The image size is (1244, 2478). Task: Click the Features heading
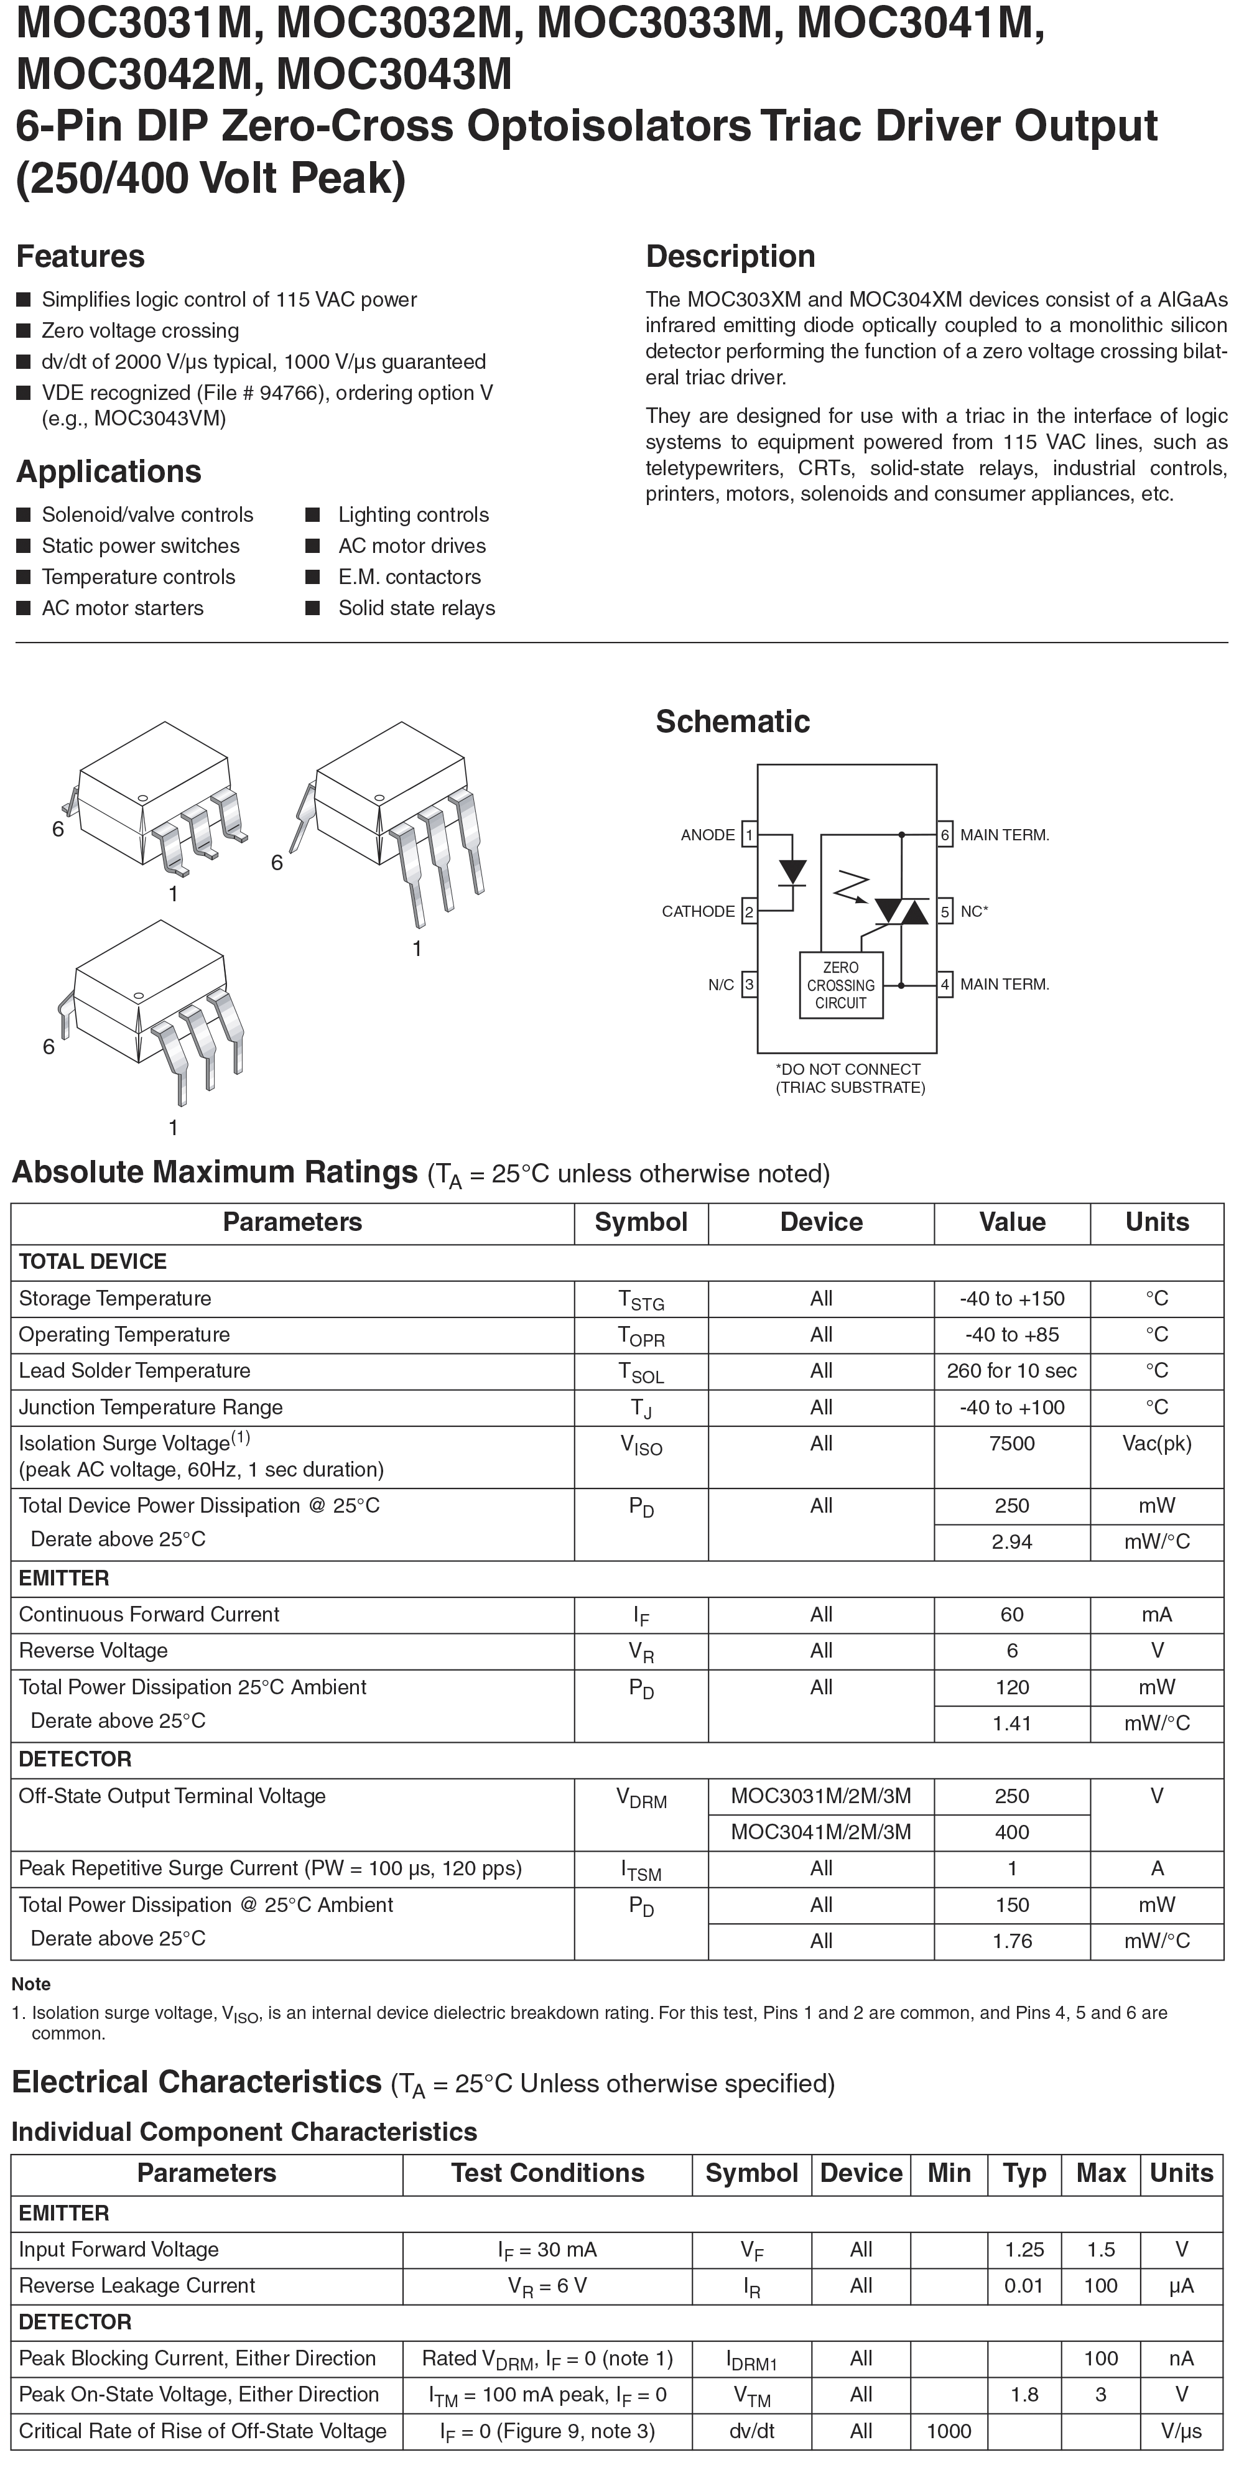[81, 257]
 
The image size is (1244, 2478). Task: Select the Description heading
[730, 257]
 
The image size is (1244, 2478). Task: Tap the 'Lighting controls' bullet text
[413, 514]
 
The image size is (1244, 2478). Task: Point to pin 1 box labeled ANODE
[748, 835]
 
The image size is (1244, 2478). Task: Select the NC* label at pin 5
[973, 911]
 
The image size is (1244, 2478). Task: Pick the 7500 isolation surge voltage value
[1011, 1443]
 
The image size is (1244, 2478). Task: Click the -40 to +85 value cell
[1011, 1334]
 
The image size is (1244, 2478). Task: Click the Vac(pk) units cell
[1156, 1443]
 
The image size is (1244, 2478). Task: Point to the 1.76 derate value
[1011, 1940]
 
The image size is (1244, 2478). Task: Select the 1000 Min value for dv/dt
[949, 2431]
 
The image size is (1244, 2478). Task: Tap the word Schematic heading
[732, 722]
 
